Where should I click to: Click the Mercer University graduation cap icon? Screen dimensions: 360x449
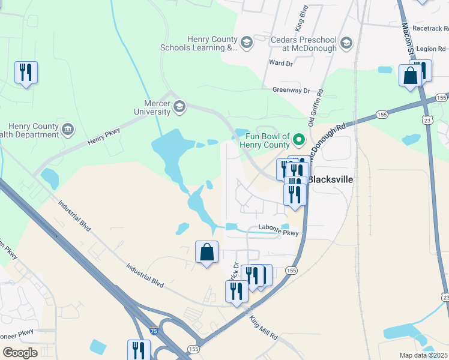point(179,107)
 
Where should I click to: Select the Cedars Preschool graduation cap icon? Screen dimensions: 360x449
point(346,43)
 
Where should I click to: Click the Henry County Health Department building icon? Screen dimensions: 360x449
point(68,129)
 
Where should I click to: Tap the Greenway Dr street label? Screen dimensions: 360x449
point(291,90)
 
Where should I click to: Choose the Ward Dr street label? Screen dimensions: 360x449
point(280,62)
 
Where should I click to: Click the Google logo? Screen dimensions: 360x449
point(20,352)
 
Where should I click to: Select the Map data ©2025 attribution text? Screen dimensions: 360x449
point(423,355)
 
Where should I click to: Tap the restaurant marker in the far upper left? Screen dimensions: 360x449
point(26,73)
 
